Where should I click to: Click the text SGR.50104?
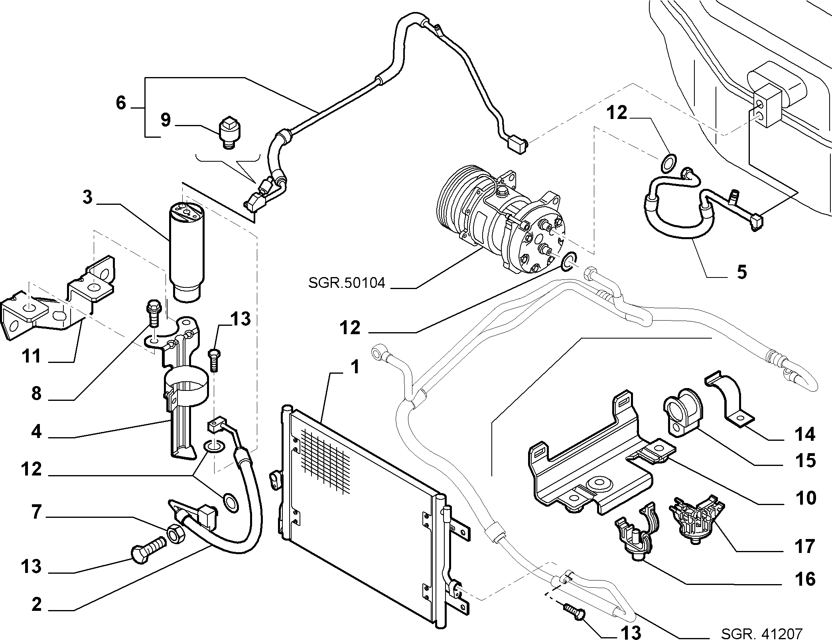(x=347, y=283)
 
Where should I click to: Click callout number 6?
(x=121, y=103)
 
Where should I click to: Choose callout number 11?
(x=32, y=355)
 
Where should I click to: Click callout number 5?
(x=741, y=272)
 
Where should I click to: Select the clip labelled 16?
(x=637, y=531)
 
